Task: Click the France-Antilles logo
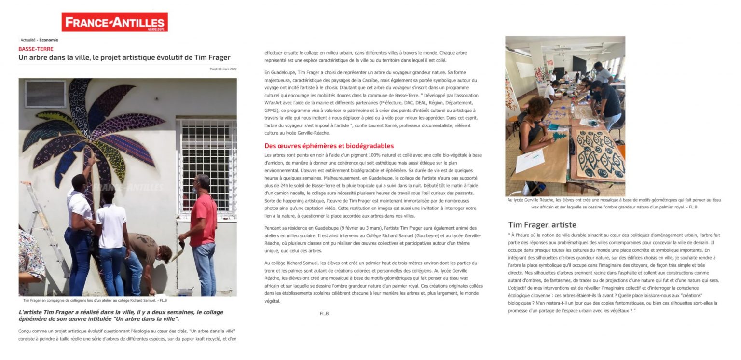click(x=114, y=22)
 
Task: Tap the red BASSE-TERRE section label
click(x=36, y=49)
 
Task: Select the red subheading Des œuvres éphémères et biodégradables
click(x=329, y=146)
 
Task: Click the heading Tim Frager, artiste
click(x=542, y=224)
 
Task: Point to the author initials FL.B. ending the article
click(x=325, y=314)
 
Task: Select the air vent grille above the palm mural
click(x=45, y=93)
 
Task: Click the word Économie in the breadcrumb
click(x=49, y=40)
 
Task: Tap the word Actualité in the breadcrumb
click(x=27, y=40)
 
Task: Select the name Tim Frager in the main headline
click(x=212, y=58)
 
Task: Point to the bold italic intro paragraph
click(x=121, y=316)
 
